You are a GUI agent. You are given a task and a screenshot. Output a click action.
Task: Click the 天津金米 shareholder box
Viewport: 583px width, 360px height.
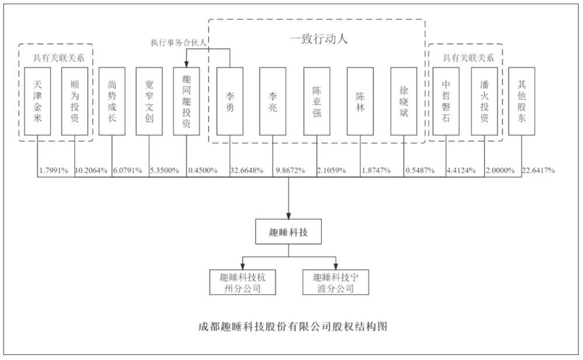37,101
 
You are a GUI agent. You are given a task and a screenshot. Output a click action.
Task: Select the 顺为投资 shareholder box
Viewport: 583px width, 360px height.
75,101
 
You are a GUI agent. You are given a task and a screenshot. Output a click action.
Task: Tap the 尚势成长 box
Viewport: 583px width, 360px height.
112,101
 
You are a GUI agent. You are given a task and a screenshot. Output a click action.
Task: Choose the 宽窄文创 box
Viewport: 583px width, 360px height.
149,101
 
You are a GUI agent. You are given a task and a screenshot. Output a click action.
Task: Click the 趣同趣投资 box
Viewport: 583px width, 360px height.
187,101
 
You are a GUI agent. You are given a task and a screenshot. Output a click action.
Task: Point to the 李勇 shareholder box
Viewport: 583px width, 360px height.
230,101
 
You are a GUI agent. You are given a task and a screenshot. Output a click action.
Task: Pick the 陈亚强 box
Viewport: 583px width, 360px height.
317,101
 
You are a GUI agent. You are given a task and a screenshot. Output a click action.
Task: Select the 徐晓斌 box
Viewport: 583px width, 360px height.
404,101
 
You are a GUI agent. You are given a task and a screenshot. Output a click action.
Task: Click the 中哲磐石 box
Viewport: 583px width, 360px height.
446,101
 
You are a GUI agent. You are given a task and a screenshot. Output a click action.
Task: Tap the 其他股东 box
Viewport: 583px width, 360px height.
522,101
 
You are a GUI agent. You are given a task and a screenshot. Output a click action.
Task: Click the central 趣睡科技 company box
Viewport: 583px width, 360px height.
289,231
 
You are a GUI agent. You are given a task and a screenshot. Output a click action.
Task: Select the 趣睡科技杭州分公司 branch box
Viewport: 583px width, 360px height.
243,283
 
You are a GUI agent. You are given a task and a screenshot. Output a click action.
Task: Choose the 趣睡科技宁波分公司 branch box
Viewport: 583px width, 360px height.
336,283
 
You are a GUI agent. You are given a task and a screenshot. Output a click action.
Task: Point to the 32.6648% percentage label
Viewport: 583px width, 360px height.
247,171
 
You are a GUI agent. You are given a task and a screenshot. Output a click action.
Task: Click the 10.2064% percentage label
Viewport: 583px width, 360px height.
91,171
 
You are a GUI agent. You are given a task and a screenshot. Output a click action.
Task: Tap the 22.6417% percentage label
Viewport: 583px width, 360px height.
538,171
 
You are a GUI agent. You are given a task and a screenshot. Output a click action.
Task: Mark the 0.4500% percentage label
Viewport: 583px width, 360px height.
203,171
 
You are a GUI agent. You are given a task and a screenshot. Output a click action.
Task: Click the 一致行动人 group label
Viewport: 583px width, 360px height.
319,38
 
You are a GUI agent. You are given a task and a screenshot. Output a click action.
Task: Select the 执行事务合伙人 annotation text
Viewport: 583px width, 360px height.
178,43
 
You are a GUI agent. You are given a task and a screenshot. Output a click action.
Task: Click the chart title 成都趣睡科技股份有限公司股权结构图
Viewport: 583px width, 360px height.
293,327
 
